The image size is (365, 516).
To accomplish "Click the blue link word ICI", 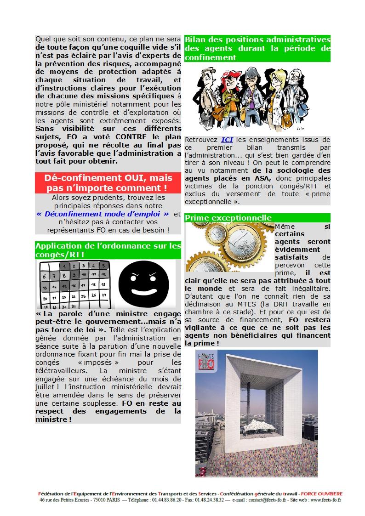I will (227, 139).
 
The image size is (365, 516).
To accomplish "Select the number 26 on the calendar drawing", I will (94, 295).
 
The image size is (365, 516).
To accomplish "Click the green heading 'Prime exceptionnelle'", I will (228, 218).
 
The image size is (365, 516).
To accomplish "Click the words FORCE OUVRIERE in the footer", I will (325, 493).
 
